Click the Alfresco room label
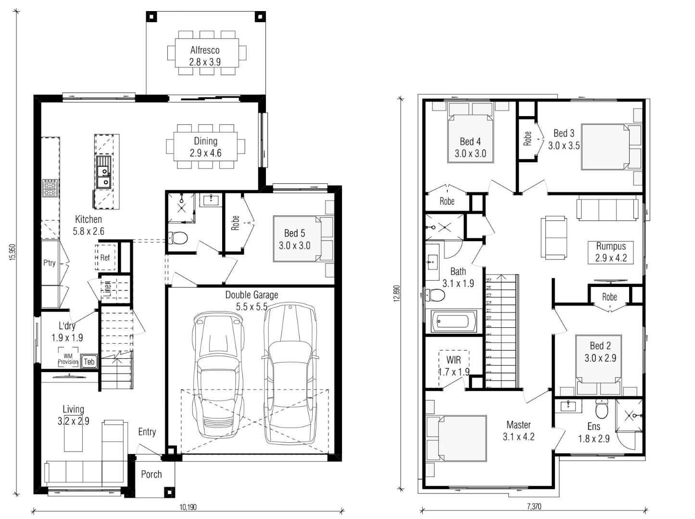[x=205, y=50]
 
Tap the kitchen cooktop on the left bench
[x=51, y=188]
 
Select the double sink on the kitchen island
[x=103, y=172]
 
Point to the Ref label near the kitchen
[x=105, y=258]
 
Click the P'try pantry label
[x=50, y=263]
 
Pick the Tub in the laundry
[x=89, y=362]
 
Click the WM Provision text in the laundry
[x=68, y=359]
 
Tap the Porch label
[x=152, y=474]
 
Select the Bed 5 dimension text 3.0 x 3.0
[x=294, y=245]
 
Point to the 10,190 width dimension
[x=188, y=507]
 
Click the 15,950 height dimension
[x=13, y=252]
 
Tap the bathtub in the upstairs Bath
[x=453, y=321]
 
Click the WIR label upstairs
[x=454, y=360]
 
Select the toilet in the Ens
[x=602, y=409]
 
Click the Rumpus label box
[x=611, y=252]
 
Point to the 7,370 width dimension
[x=534, y=506]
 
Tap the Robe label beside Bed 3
[x=527, y=139]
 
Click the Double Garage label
[x=252, y=295]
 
